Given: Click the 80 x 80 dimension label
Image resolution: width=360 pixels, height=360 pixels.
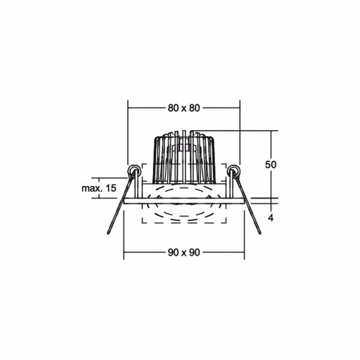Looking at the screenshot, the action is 184,108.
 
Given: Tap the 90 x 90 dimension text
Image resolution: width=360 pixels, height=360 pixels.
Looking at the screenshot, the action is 184,253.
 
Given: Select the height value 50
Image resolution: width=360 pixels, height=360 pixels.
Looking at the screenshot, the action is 270,165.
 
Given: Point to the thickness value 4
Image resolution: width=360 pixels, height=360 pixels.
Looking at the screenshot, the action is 271,218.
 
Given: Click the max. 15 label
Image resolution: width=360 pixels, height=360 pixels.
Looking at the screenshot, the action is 99,188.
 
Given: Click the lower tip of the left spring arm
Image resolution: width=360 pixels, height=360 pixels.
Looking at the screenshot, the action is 108,233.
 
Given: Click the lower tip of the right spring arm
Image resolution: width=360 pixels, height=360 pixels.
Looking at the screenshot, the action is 260,233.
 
